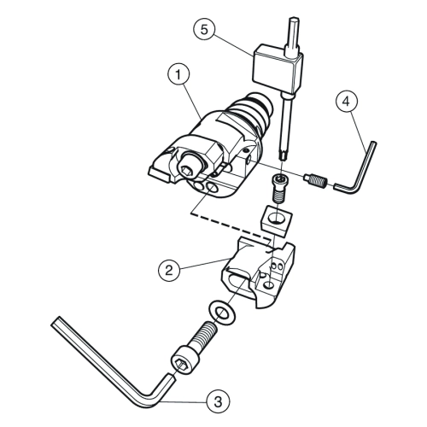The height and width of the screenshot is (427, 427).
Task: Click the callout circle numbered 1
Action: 178,74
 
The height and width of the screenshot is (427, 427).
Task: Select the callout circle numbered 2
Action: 169,270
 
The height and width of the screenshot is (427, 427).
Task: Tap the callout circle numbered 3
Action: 218,401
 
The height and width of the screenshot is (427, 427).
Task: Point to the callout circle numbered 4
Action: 347,102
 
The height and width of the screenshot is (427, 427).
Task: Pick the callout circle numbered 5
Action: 205,30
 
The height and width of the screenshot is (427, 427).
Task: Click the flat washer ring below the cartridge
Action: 222,313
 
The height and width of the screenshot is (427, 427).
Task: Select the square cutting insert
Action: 276,221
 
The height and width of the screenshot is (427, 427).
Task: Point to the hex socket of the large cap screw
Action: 179,364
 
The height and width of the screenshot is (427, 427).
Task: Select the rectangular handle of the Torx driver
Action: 277,69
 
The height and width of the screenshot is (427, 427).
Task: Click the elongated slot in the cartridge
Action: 238,281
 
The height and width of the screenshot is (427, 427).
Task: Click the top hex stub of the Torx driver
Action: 293,36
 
